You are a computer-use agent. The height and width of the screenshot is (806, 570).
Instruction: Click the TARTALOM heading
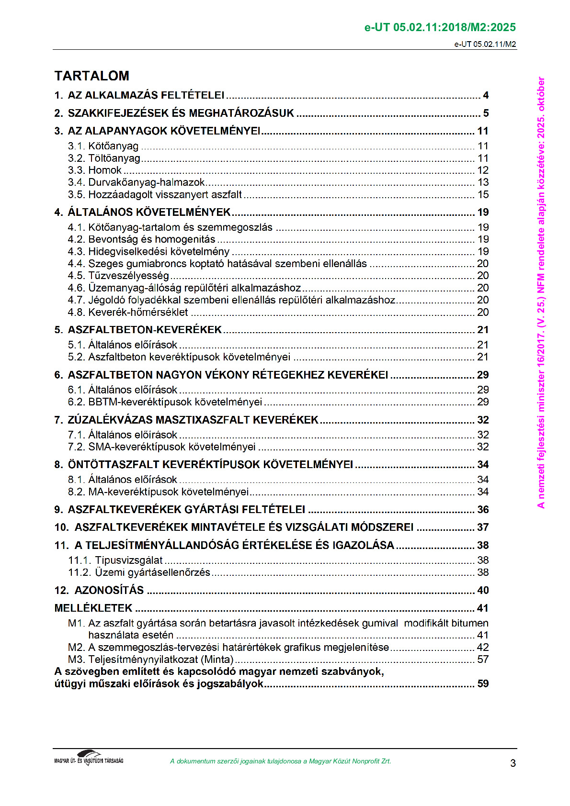tap(91, 76)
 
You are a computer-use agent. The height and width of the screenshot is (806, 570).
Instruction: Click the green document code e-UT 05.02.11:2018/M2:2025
tap(440, 27)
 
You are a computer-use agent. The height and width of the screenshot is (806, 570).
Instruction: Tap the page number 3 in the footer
tap(513, 763)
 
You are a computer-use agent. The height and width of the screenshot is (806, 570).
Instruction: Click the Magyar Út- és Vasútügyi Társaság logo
tap(89, 758)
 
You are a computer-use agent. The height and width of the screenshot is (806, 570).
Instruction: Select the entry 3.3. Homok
tap(95, 170)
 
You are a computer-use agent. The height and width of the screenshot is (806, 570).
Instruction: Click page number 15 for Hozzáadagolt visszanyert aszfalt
tap(483, 195)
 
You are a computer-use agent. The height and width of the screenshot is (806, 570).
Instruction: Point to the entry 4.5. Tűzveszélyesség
tap(118, 276)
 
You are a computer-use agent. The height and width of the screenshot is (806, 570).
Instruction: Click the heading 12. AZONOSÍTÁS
tap(99, 590)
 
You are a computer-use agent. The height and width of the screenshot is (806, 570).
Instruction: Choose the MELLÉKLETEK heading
tap(93, 608)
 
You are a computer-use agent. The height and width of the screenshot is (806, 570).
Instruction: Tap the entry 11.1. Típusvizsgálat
tap(115, 560)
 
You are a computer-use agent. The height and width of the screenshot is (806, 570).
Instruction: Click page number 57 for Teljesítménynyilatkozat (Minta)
tap(483, 660)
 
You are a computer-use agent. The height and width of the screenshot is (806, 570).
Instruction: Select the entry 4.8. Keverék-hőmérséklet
tap(128, 313)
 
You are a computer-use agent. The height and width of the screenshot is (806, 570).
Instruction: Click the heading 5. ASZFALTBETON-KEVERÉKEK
tap(138, 330)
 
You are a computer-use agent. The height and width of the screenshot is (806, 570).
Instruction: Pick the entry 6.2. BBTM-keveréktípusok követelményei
tap(165, 402)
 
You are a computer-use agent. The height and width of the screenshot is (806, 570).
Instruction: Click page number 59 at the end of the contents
tap(483, 684)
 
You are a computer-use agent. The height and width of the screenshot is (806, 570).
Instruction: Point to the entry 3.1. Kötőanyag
tap(103, 146)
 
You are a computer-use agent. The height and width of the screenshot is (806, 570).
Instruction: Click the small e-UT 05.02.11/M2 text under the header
tap(485, 45)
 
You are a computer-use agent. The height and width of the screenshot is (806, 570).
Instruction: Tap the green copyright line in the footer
tap(280, 761)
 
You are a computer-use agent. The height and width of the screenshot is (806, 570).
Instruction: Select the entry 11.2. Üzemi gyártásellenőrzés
tap(139, 572)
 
